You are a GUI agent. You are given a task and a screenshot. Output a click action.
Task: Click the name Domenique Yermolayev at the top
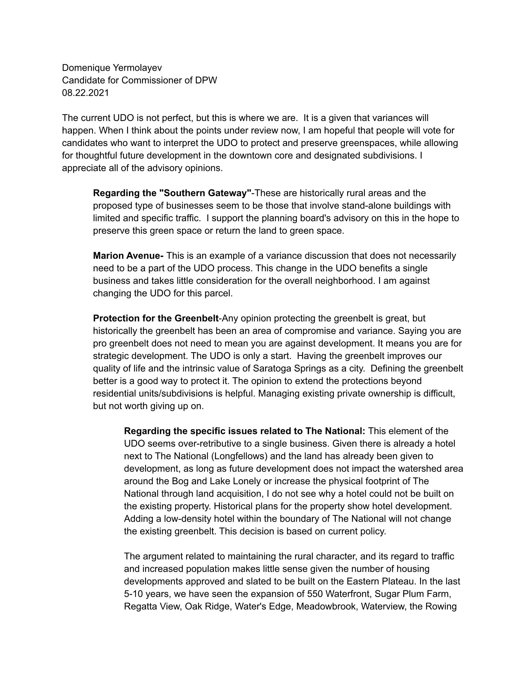coord(112,68)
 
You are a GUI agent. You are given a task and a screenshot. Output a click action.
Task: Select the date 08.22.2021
coord(86,93)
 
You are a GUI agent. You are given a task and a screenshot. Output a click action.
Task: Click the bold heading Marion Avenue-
coord(128,256)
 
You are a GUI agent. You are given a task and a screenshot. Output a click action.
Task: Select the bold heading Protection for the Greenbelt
coord(156,318)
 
